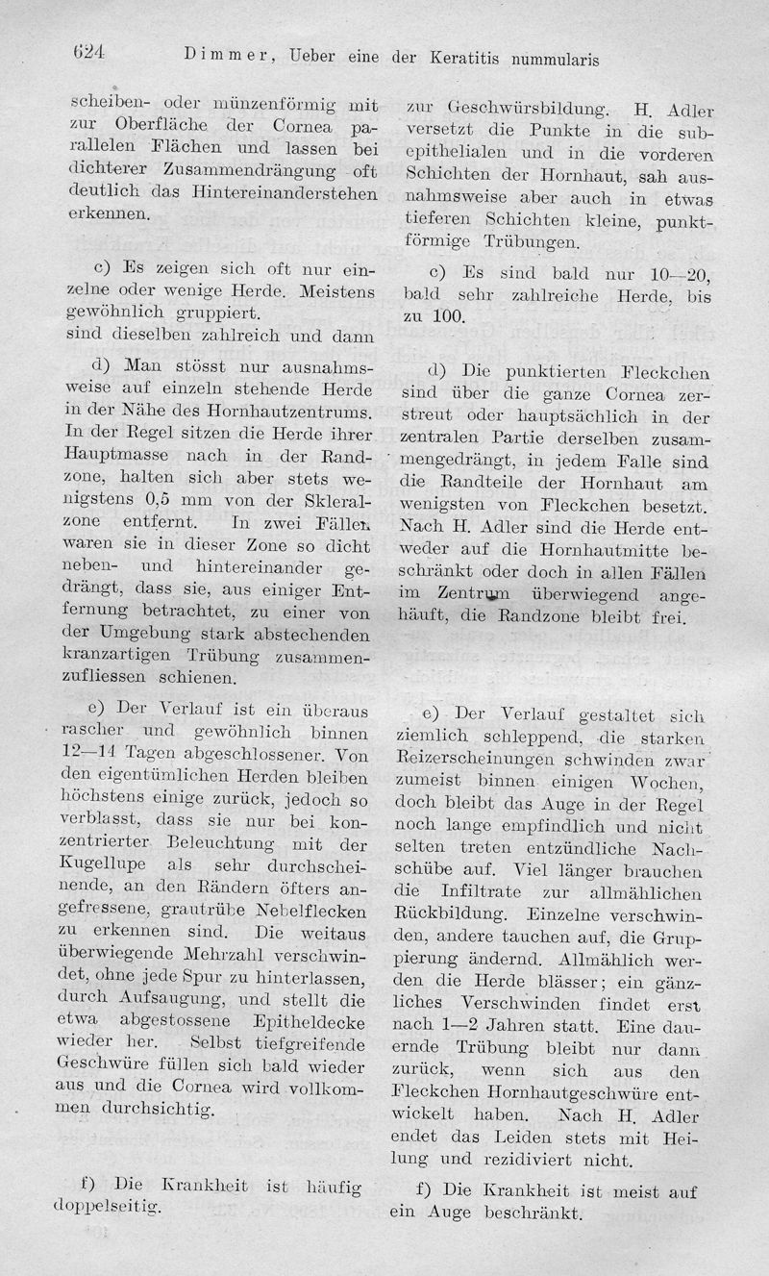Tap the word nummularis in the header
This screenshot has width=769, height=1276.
tap(550, 59)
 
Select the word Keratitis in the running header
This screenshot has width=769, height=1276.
tap(459, 58)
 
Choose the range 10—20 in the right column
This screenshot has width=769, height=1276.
tap(678, 275)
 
